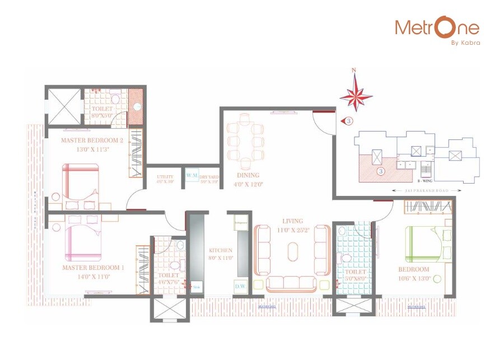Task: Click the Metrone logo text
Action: pos(437,27)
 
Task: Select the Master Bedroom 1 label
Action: pos(93,268)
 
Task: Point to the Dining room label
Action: pos(246,175)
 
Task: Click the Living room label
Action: pos(292,221)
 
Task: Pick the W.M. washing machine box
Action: pos(192,176)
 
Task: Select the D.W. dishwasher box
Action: pos(240,287)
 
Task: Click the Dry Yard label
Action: pos(209,177)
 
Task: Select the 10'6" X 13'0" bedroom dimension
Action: pos(414,278)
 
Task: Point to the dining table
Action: pos(246,139)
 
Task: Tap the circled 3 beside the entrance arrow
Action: pos(348,121)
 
